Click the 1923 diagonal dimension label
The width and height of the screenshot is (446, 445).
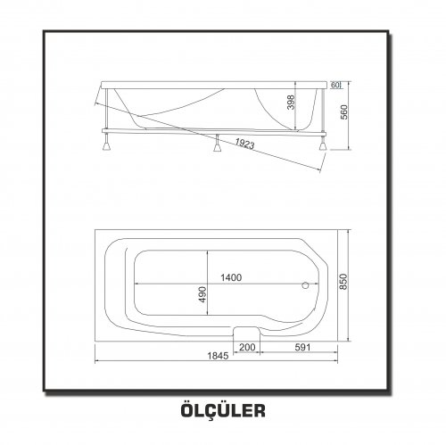(x=244, y=144)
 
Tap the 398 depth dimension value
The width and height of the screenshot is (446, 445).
(x=292, y=103)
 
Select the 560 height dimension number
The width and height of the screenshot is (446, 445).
(x=344, y=112)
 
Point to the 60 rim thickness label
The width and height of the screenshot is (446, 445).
(x=334, y=85)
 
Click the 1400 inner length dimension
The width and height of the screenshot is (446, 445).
(x=231, y=277)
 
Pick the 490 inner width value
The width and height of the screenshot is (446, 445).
(x=202, y=294)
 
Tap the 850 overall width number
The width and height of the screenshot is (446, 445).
(x=343, y=282)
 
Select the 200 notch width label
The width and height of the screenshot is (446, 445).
(x=247, y=347)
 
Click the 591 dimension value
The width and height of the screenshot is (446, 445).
(x=302, y=347)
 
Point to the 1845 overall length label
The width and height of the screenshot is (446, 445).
(x=218, y=356)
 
